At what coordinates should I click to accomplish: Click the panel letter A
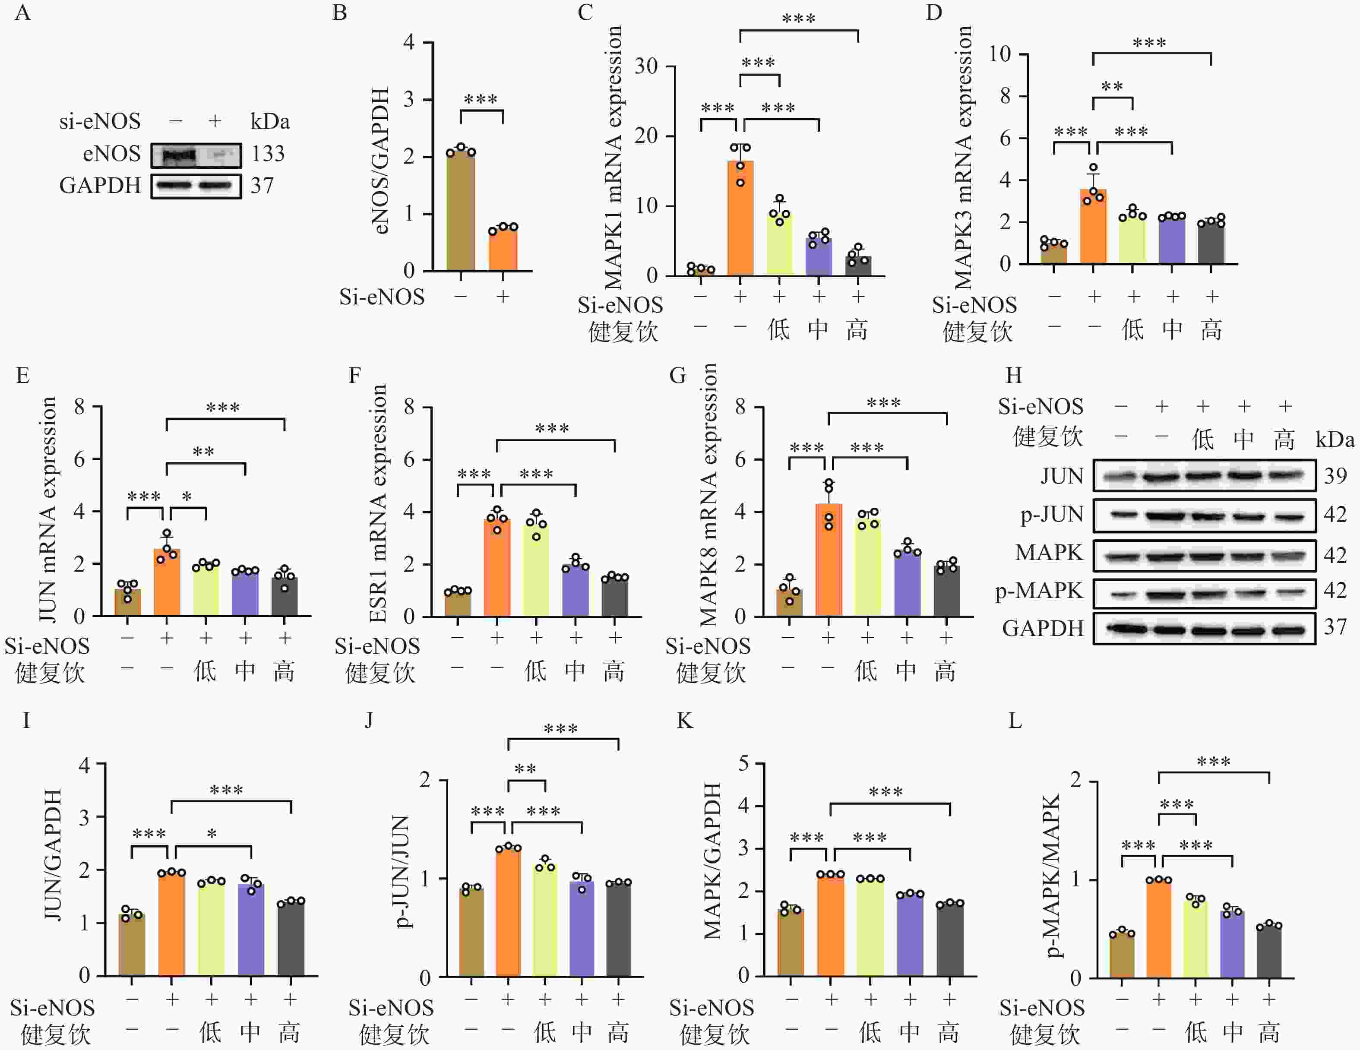tap(22, 13)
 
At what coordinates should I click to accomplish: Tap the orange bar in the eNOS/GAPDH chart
tap(503, 249)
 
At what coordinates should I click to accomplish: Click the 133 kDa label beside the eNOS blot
tap(268, 154)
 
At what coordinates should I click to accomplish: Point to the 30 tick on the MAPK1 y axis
tap(646, 66)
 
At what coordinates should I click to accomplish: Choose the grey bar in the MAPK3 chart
tap(1211, 243)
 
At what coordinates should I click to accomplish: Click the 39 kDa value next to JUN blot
tap(1335, 476)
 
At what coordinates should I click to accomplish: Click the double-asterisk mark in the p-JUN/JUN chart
tap(525, 769)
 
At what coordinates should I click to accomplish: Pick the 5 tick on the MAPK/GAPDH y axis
tap(743, 763)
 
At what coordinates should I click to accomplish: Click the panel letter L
tap(1015, 721)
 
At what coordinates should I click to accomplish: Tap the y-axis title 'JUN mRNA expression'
tap(48, 509)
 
